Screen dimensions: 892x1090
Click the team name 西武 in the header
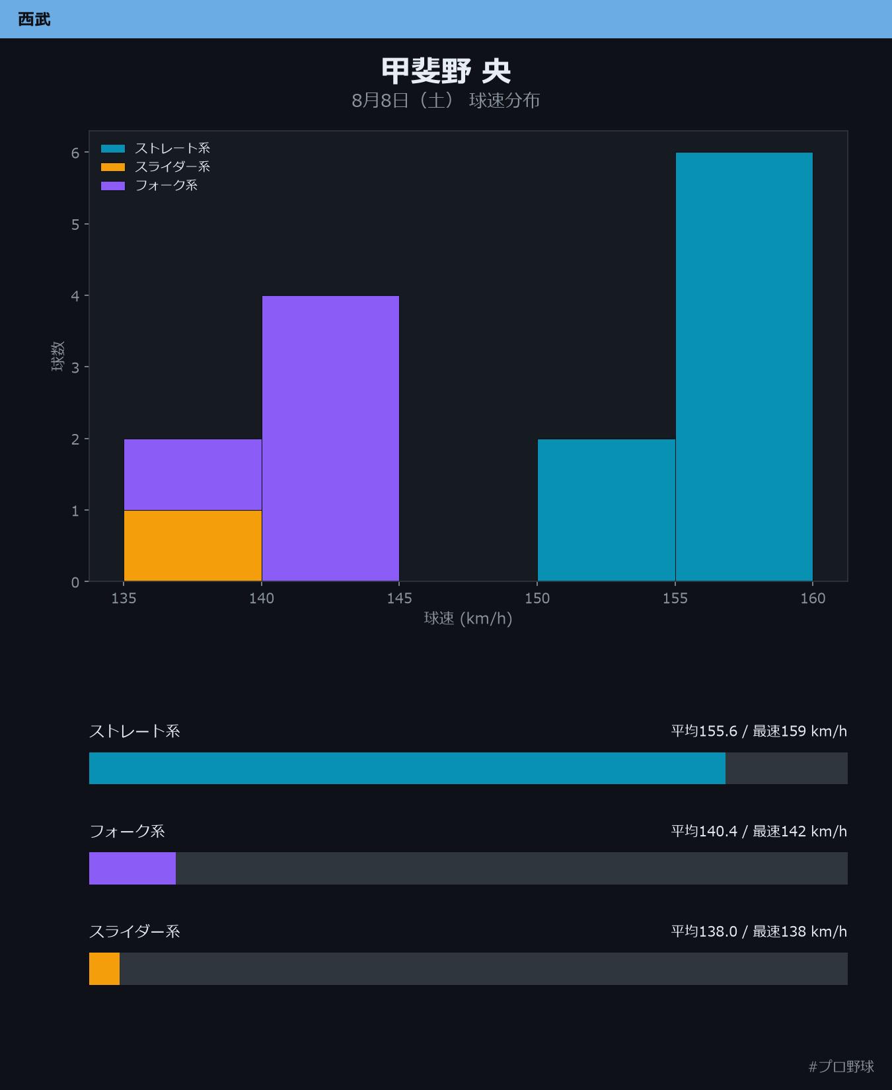click(x=34, y=19)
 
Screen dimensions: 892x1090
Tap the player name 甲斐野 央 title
click(x=446, y=71)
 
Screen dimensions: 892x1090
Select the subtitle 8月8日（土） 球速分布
click(x=446, y=100)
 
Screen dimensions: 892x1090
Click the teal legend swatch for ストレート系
click(x=113, y=149)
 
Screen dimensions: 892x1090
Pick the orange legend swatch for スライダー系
click(x=113, y=167)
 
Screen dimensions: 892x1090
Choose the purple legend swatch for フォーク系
click(x=113, y=186)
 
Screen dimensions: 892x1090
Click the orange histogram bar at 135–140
click(x=193, y=546)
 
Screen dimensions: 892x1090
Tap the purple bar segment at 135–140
click(x=193, y=475)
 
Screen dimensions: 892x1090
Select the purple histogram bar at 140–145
click(x=330, y=439)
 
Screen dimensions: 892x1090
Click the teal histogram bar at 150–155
click(x=607, y=510)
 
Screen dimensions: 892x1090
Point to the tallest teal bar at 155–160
click(x=744, y=367)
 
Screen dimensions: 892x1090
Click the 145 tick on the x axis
click(x=399, y=598)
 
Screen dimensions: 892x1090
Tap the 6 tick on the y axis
click(x=75, y=153)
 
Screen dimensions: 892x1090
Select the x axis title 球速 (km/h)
click(x=468, y=618)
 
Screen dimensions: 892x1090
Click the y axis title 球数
click(x=58, y=356)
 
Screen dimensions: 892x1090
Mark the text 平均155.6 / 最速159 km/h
click(x=759, y=731)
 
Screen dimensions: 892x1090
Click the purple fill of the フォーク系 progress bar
click(x=132, y=868)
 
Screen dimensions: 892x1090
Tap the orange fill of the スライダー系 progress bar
click(x=104, y=968)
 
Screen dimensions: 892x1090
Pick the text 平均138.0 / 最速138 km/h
click(x=759, y=931)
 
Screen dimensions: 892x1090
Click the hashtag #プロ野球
click(x=841, y=1066)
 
